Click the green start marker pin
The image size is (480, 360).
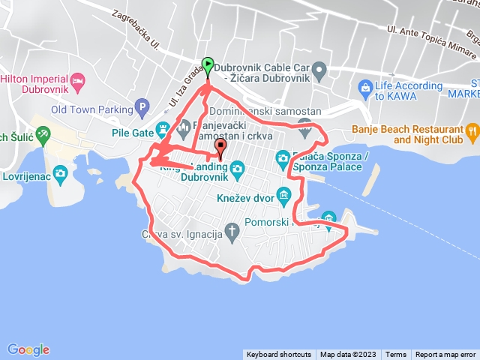pyautogui.click(x=208, y=65)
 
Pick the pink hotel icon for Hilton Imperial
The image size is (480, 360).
pyautogui.click(x=76, y=79)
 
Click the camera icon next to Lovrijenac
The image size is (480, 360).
pyautogui.click(x=61, y=174)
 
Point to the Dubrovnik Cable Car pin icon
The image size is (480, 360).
pyautogui.click(x=319, y=72)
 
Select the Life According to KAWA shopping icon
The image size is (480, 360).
pyautogui.click(x=364, y=88)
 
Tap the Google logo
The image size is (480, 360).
pyautogui.click(x=28, y=349)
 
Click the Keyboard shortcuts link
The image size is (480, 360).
pyautogui.click(x=278, y=355)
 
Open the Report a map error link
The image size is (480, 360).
pyautogui.click(x=445, y=355)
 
